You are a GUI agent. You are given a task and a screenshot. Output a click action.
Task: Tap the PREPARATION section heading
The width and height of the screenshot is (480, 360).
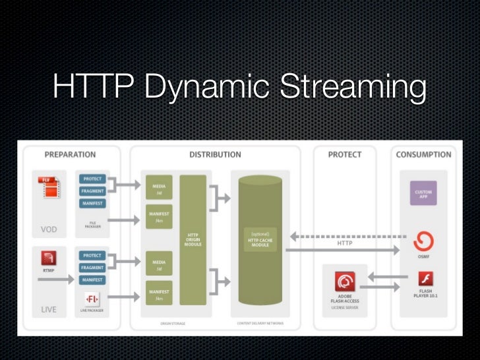71,154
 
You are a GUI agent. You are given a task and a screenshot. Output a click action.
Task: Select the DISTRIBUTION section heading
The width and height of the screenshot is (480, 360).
215,154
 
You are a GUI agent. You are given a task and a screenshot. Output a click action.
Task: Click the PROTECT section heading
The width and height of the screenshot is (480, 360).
345,154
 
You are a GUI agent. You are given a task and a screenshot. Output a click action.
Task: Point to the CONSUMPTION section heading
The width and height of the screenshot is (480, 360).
423,154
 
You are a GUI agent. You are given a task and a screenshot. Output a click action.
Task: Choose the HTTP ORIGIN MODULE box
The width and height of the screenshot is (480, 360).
193,240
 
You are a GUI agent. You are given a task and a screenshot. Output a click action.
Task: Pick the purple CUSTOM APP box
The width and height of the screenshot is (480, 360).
423,193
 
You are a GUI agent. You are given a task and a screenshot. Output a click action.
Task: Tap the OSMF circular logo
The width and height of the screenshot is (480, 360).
423,240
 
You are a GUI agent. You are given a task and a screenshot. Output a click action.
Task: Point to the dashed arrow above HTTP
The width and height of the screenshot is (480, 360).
348,236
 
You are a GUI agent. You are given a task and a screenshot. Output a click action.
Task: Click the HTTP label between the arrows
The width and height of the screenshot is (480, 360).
345,243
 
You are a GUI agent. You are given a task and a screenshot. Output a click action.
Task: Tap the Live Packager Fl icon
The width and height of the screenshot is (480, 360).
92,297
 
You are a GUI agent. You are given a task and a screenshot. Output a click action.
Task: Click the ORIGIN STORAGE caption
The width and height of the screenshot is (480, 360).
175,323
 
